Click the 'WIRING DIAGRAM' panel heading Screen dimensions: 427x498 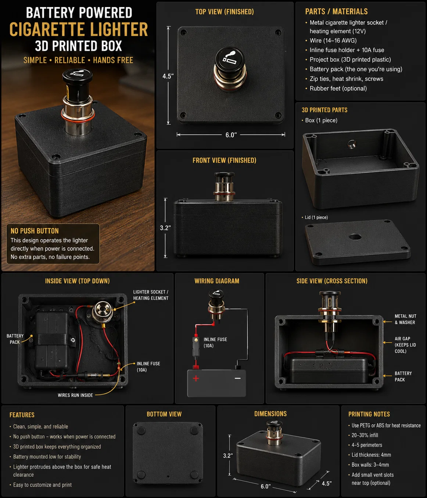click(x=217, y=281)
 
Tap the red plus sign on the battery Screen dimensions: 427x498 click(x=196, y=378)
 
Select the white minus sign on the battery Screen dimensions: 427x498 click(x=237, y=378)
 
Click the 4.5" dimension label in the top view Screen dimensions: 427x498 click(x=168, y=76)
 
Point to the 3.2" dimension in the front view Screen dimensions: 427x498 click(x=165, y=228)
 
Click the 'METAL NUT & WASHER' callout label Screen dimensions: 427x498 click(x=405, y=319)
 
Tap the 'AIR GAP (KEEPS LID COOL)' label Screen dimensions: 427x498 click(x=405, y=345)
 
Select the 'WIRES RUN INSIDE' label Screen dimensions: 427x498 click(x=75, y=395)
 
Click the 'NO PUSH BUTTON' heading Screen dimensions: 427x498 click(x=35, y=231)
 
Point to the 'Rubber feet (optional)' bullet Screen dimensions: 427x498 click(x=338, y=88)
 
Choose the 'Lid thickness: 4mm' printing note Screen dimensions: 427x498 click(x=371, y=455)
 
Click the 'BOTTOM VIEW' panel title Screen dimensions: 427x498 click(x=164, y=414)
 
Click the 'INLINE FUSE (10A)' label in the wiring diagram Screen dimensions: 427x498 click(x=215, y=342)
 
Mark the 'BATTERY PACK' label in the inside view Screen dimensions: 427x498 click(x=15, y=339)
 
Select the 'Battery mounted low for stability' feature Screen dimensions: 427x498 click(x=47, y=456)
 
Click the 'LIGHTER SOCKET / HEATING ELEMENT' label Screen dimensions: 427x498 click(x=151, y=295)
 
